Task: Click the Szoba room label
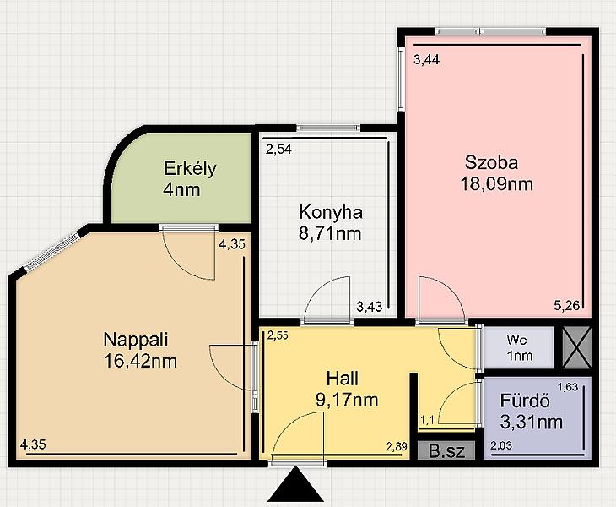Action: click(491, 162)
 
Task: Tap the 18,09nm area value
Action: click(496, 183)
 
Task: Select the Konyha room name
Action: click(331, 213)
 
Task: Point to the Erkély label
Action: click(190, 168)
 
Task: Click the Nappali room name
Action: click(136, 340)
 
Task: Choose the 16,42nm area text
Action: click(140, 361)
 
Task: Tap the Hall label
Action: click(343, 379)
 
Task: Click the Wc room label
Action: click(516, 340)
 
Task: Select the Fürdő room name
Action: click(525, 401)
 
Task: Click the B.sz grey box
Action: click(446, 450)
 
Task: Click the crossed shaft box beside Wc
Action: click(576, 347)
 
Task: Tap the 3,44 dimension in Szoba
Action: click(427, 60)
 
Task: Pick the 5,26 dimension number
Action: click(567, 306)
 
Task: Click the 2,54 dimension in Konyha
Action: click(278, 150)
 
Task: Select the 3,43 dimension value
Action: click(370, 307)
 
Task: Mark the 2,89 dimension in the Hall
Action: click(397, 446)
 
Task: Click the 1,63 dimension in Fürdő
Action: click(568, 387)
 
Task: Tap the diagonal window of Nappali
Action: click(52, 251)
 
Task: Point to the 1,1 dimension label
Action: click(427, 421)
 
